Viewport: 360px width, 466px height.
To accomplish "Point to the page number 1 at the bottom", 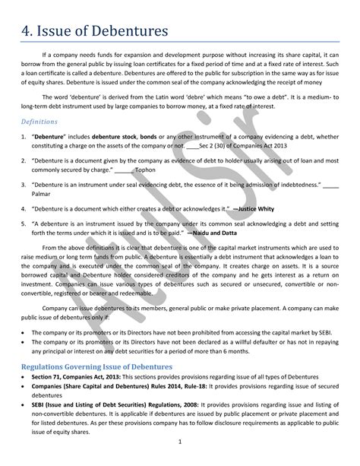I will (180, 442).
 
